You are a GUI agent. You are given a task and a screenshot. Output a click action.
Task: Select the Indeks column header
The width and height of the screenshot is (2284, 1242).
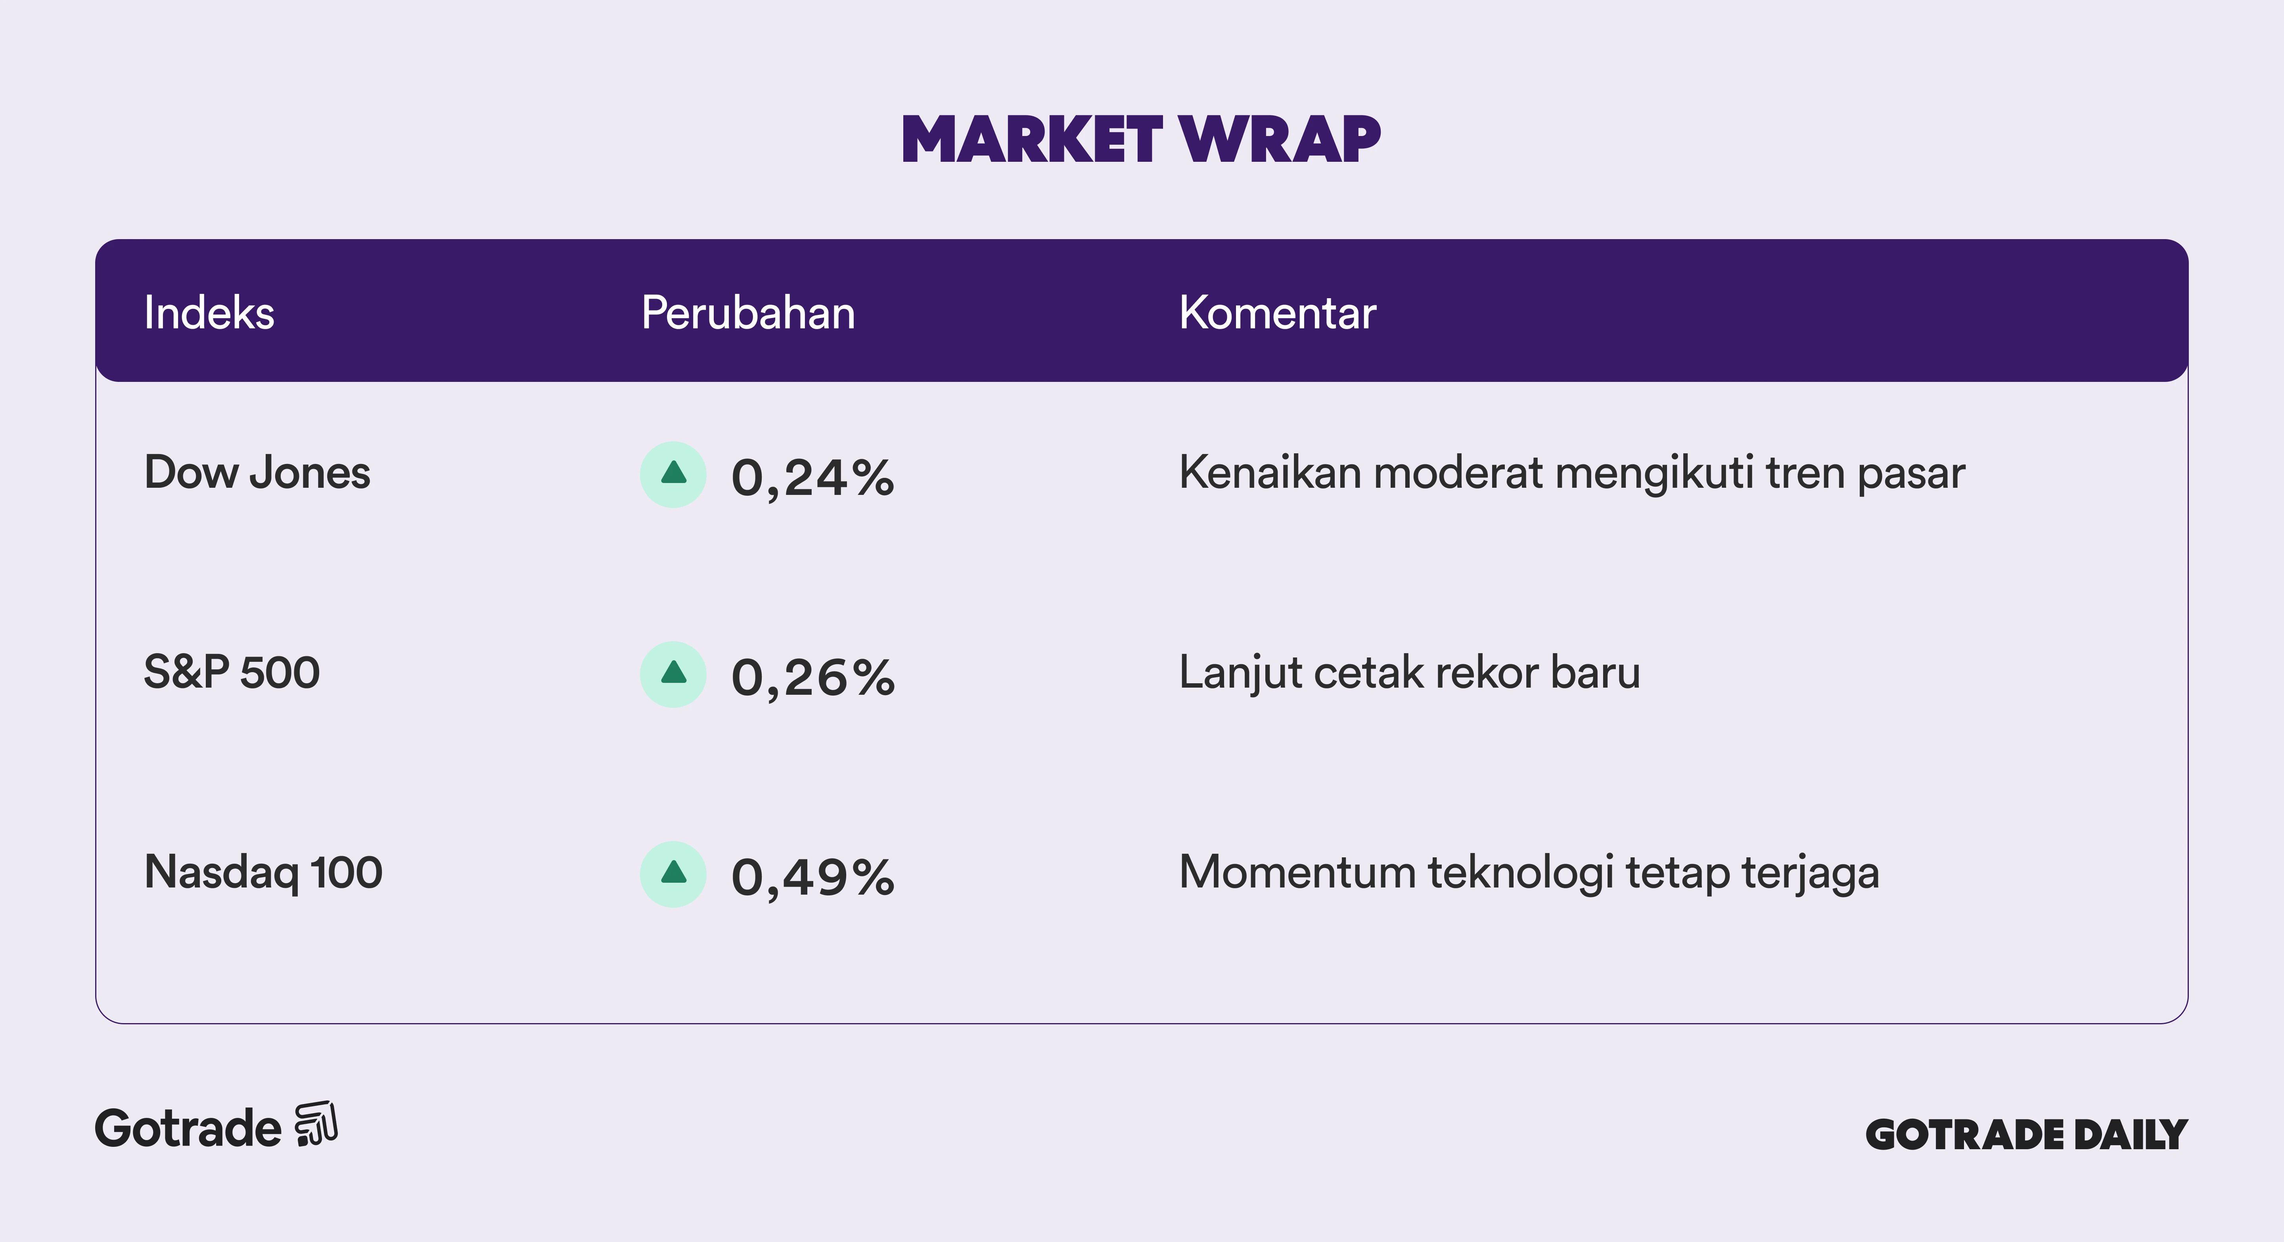click(x=209, y=313)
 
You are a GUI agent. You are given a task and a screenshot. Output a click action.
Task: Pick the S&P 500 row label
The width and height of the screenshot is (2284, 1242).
click(x=232, y=672)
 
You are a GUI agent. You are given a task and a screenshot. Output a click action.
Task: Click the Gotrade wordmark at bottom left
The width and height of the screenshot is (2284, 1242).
click(x=188, y=1129)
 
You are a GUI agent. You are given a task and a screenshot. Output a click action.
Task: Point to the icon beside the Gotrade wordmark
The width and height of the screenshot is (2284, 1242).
click(x=316, y=1124)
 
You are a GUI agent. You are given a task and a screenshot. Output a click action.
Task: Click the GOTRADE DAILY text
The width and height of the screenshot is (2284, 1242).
click(x=2027, y=1135)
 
